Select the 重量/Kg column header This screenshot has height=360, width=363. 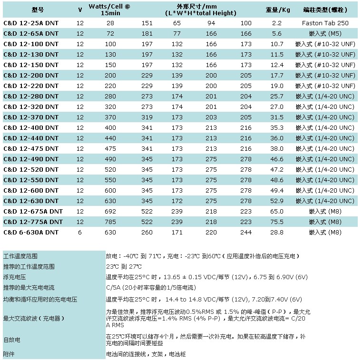[x=277, y=10]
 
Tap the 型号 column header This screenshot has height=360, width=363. [x=38, y=10]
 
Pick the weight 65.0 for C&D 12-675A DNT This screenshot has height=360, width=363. [x=277, y=211]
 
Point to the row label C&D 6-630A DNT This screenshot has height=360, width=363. [x=31, y=232]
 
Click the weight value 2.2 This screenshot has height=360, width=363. [x=277, y=23]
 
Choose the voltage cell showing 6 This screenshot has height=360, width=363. [x=80, y=232]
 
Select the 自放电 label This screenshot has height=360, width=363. [x=12, y=340]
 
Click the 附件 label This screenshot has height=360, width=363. [x=9, y=354]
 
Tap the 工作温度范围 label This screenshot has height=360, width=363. [x=20, y=256]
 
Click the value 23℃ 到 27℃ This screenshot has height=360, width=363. [x=124, y=266]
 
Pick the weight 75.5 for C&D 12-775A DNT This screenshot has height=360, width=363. [x=277, y=222]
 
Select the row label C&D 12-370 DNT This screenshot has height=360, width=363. [x=31, y=117]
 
